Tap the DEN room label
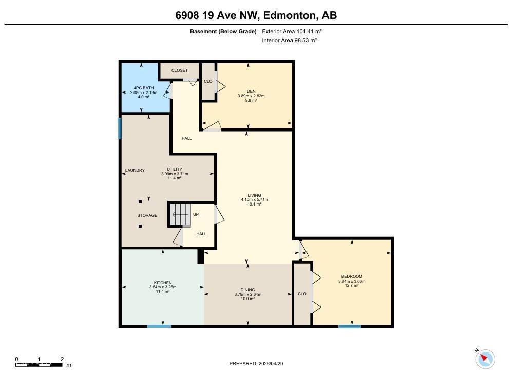251,91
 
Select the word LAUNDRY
135,171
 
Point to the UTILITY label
175,170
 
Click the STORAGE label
147,215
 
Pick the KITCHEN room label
163,283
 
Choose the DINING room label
248,290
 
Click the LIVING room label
255,195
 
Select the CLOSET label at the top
179,70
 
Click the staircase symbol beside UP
180,214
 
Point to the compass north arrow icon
485,358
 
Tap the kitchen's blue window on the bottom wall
159,326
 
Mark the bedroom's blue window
350,326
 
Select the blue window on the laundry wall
120,128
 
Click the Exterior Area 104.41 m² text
292,31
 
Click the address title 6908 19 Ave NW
256,15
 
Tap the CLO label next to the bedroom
302,294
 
